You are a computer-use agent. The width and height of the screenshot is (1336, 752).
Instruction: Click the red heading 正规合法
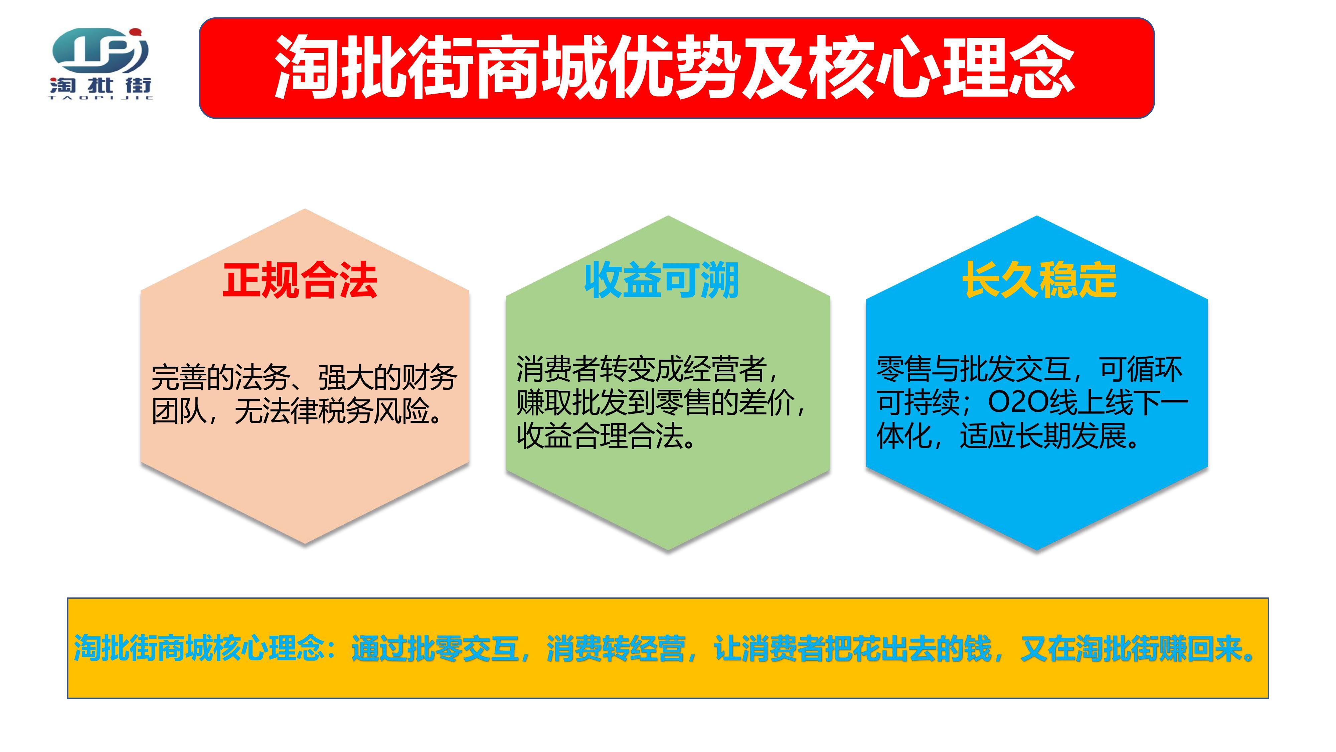click(x=300, y=280)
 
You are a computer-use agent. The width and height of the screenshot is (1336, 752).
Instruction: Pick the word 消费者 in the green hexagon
click(x=557, y=370)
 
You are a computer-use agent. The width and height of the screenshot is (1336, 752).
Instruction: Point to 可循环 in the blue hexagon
click(x=1141, y=370)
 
